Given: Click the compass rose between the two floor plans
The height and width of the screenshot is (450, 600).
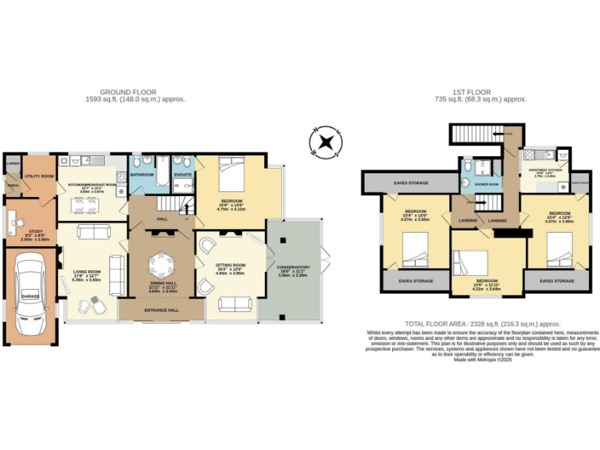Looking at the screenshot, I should [x=325, y=142].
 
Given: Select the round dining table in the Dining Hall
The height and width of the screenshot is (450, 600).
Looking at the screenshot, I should [x=162, y=262].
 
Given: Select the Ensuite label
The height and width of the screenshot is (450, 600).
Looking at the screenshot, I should [x=183, y=175].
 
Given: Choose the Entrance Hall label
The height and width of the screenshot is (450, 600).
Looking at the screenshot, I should [x=162, y=310].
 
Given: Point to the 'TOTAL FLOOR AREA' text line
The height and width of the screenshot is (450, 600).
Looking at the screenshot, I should [x=482, y=323].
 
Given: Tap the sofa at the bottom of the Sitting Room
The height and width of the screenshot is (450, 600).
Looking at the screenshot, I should [x=234, y=304].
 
